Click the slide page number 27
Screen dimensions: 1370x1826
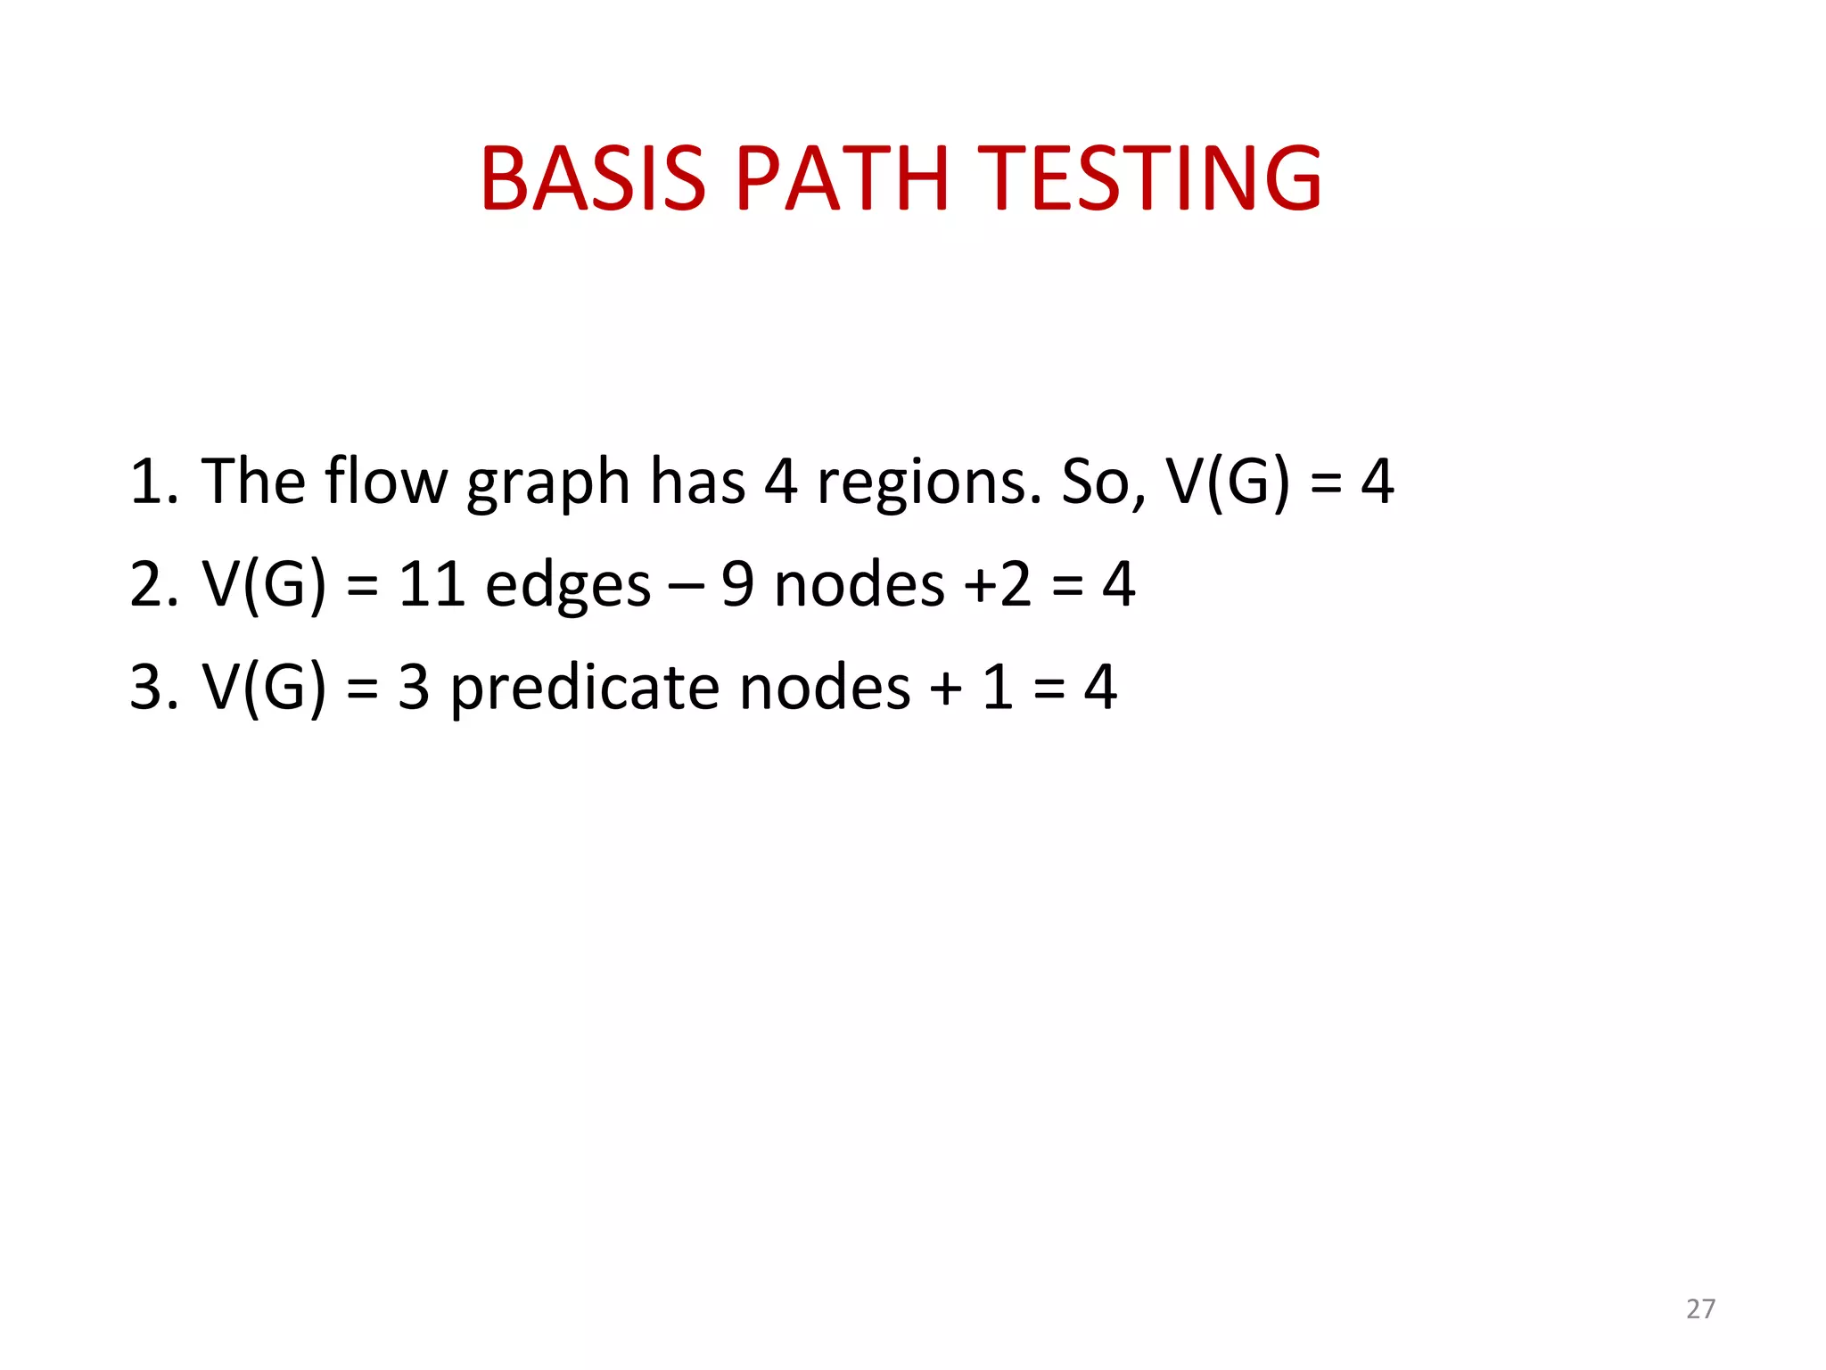1700,1308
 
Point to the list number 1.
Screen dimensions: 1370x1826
152,483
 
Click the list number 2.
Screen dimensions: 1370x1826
152,585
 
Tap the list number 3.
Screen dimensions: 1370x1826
152,688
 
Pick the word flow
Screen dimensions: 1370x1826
385,481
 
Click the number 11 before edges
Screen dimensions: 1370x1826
432,585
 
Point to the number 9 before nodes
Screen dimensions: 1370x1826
737,585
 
